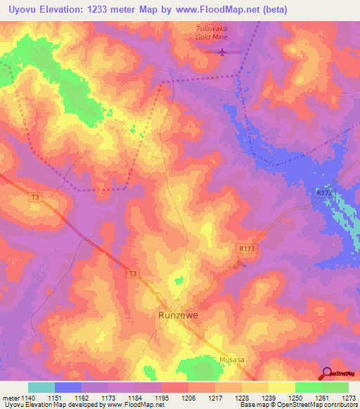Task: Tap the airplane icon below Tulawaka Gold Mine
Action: pos(222,51)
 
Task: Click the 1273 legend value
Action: pos(348,398)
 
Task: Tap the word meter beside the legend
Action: pos(10,398)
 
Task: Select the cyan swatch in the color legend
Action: pos(41,387)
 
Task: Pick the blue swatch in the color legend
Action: pos(68,387)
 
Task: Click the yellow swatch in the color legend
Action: pos(282,387)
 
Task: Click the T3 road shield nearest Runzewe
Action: pos(132,273)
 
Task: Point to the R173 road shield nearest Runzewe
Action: pos(245,248)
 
